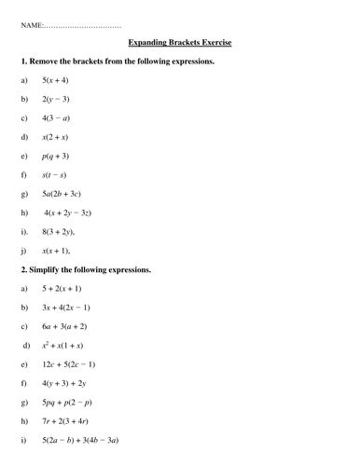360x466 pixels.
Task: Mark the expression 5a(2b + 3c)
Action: tap(62, 194)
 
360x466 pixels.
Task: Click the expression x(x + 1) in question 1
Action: tap(57, 251)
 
